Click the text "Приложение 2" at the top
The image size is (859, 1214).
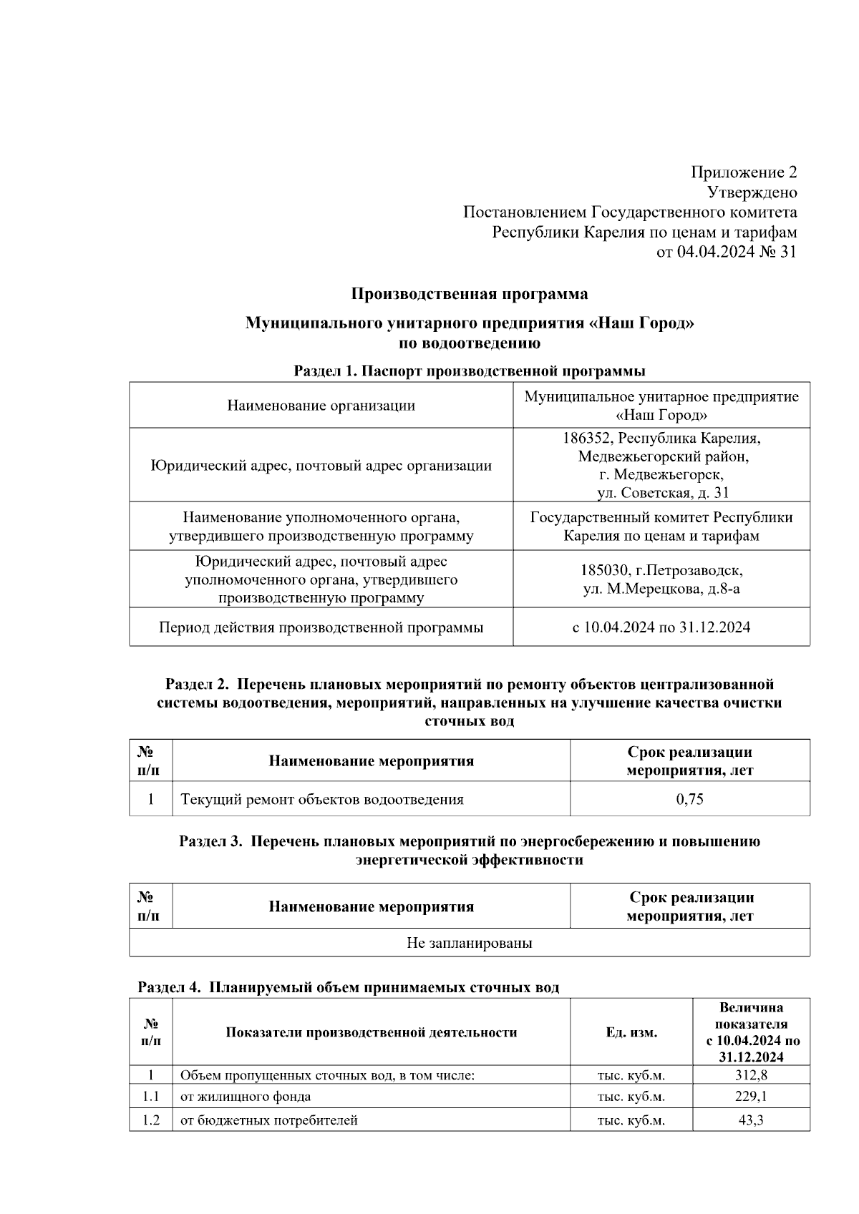pos(743,172)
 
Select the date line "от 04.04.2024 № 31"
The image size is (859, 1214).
pos(726,252)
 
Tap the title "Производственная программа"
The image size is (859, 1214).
pos(469,294)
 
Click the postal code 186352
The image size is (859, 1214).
pos(587,438)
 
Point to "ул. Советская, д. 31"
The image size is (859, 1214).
pos(662,493)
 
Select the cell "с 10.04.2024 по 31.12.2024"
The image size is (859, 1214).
pos(661,627)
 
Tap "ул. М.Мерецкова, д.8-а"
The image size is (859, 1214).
pos(661,589)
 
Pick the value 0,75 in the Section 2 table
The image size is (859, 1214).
pos(689,799)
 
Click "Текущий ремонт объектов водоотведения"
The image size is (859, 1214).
pos(321,799)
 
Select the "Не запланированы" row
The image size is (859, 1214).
pos(469,943)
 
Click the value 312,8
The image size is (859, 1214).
pos(750,1075)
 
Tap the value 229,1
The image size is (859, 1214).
pos(750,1096)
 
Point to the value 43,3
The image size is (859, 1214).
pos(750,1120)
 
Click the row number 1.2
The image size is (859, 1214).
pos(150,1120)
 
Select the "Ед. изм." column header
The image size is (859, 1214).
pos(631,1032)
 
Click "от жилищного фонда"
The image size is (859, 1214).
pos(245,1096)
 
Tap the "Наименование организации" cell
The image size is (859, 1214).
pos(321,406)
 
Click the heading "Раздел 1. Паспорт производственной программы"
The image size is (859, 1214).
pos(469,371)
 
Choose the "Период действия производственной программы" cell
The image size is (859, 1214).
pos(321,627)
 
